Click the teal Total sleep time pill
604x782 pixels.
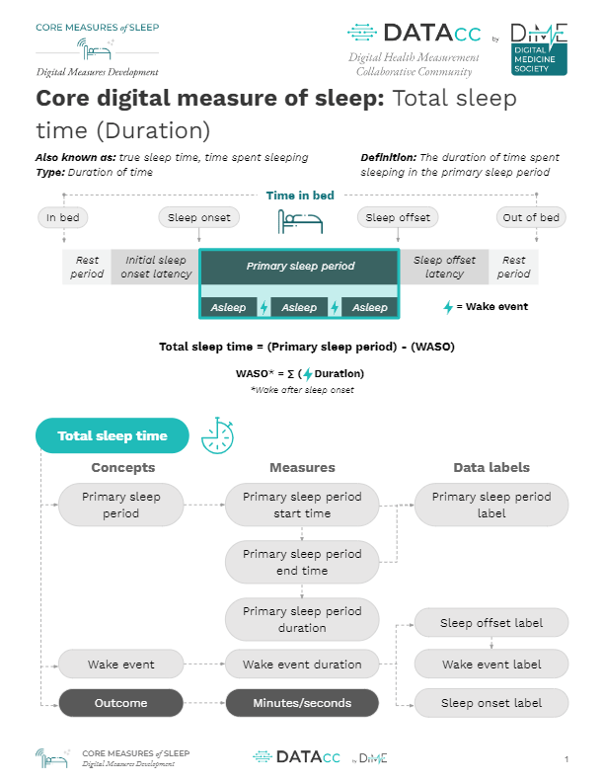click(x=113, y=435)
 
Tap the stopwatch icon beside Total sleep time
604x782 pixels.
click(x=218, y=435)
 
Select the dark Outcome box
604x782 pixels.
click(x=121, y=703)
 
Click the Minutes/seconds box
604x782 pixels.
click(x=302, y=703)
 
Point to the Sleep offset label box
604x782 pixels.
click(x=491, y=623)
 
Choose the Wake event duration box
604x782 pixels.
click(x=302, y=665)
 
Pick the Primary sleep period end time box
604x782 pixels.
click(x=302, y=562)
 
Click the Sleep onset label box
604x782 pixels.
click(x=491, y=703)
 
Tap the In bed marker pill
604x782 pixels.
click(x=63, y=217)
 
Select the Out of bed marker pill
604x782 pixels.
click(x=531, y=217)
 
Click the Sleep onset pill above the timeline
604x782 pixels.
click(x=198, y=217)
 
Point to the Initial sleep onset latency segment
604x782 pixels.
click(x=156, y=267)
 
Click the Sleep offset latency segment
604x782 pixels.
click(x=444, y=267)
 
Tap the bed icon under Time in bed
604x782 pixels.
click(x=300, y=222)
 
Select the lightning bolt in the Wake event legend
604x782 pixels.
click(x=448, y=307)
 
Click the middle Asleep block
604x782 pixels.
click(x=299, y=307)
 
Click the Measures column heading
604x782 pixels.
click(x=302, y=467)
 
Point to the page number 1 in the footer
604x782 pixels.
click(x=566, y=759)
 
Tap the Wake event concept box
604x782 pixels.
click(x=121, y=665)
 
